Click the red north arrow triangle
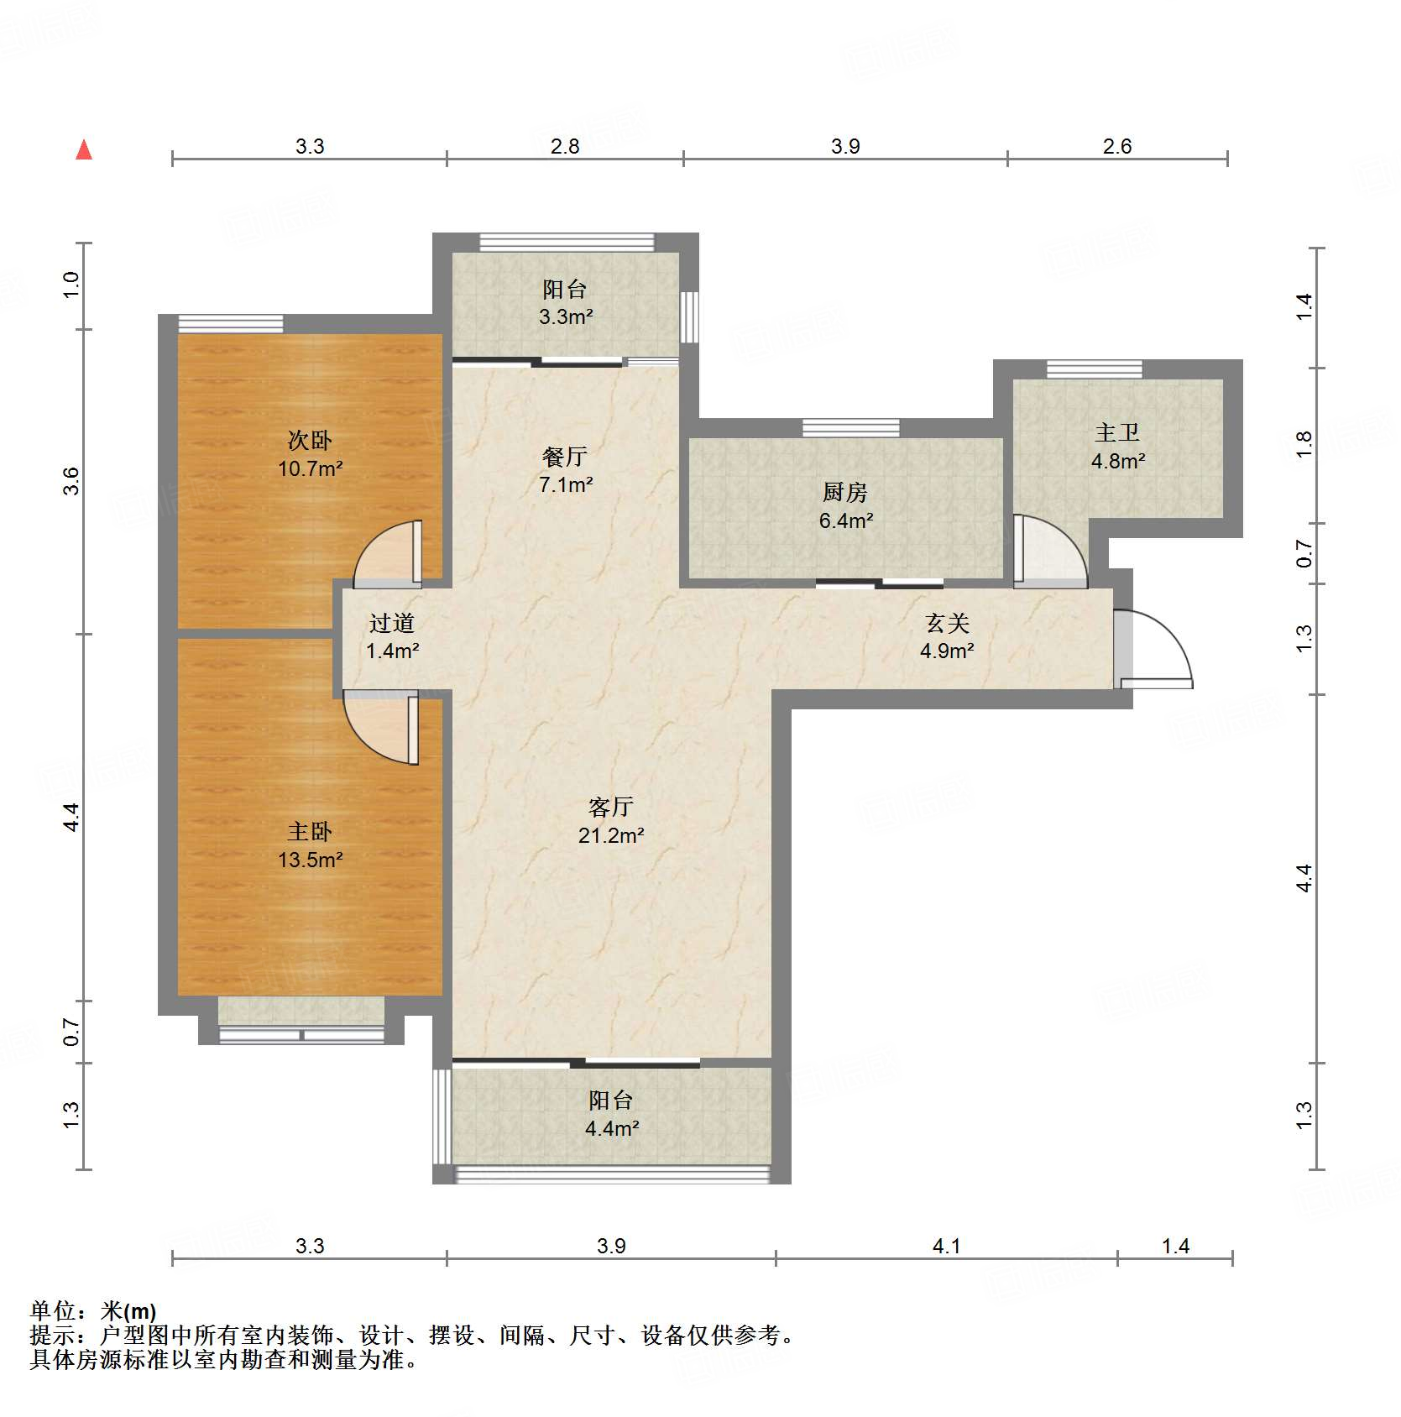[84, 150]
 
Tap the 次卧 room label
[310, 440]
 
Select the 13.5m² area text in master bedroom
[310, 860]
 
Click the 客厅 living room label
[610, 807]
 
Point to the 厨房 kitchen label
[844, 492]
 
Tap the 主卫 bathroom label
[1117, 433]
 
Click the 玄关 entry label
[947, 623]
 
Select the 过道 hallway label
[391, 623]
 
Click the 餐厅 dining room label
[564, 457]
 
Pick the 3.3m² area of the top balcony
[566, 317]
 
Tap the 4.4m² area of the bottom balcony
[611, 1128]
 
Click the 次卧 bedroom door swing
[386, 554]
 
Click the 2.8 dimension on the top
[565, 146]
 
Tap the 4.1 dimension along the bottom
[946, 1246]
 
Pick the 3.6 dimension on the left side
[71, 481]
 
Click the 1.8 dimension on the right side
[1304, 444]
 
